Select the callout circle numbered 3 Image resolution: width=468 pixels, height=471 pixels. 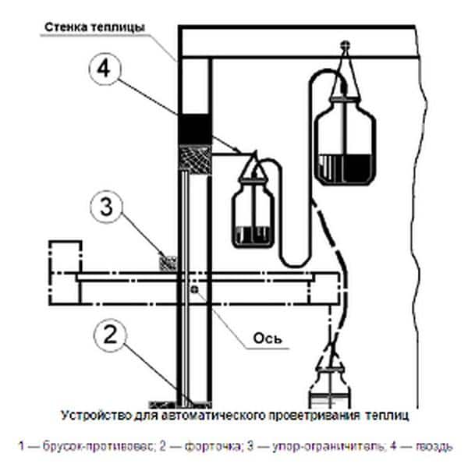[109, 208]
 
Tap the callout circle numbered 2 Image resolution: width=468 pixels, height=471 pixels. [109, 336]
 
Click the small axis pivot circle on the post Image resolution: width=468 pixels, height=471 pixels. [193, 291]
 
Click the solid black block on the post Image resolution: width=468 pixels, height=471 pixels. [194, 129]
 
